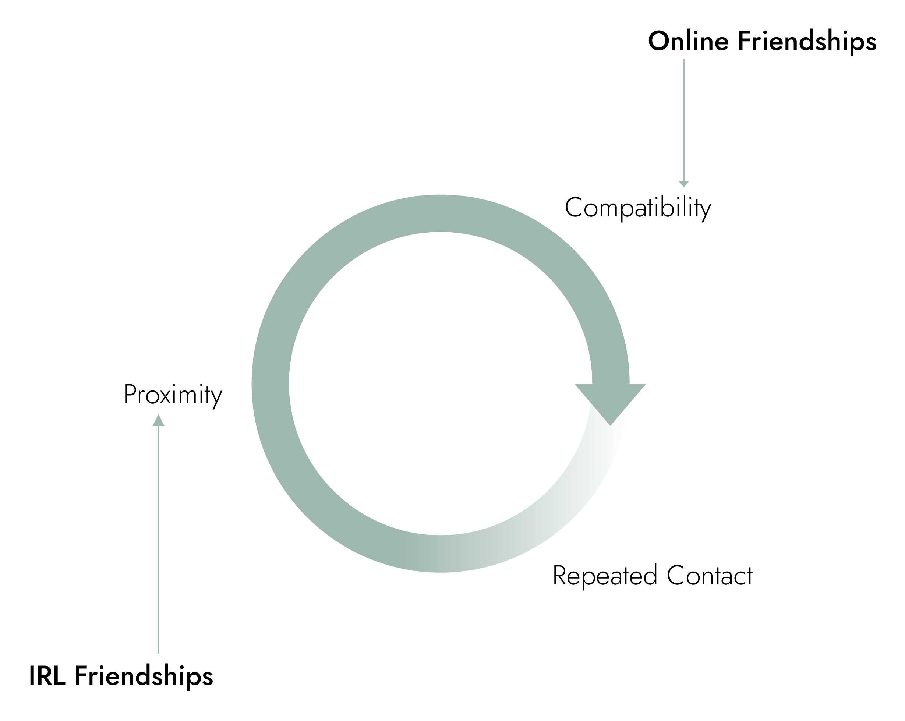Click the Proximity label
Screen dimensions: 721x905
point(173,395)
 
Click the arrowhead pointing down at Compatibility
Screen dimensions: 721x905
point(684,184)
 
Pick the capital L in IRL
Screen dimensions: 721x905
point(59,676)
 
